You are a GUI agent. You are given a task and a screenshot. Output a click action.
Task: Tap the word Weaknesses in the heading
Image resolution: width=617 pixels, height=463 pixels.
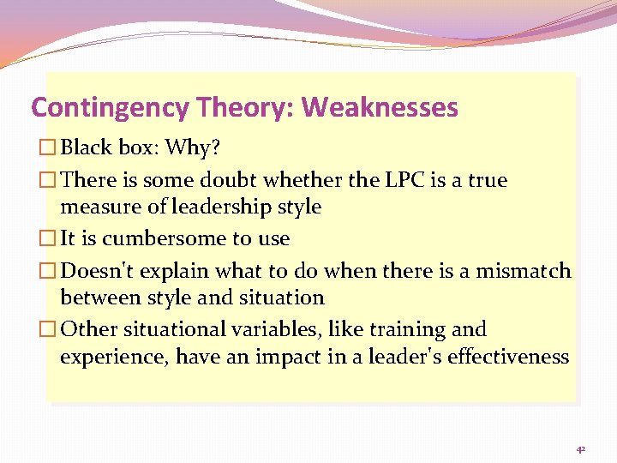[380, 108]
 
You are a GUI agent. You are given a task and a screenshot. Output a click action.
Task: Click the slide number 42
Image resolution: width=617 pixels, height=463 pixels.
[580, 449]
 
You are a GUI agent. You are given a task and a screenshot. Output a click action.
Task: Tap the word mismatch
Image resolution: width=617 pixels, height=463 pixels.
[524, 271]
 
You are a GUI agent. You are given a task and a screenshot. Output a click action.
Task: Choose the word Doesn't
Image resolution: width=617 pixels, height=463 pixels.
[94, 271]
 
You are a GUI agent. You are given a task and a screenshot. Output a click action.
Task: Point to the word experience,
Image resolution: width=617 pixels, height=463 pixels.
[114, 357]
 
